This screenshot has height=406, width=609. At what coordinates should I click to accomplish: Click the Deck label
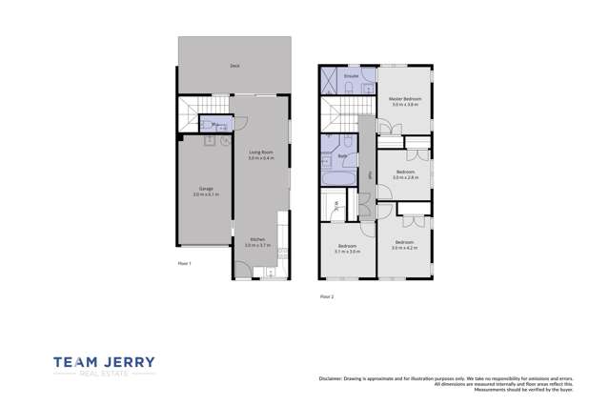coord(233,66)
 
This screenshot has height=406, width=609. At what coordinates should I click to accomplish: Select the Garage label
coord(205,188)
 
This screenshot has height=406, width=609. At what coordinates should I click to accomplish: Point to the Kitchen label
coord(257,239)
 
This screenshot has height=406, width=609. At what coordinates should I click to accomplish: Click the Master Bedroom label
coord(405,98)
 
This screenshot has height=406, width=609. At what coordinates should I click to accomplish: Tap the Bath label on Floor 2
coord(341,155)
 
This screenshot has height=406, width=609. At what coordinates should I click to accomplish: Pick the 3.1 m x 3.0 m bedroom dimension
coord(347,252)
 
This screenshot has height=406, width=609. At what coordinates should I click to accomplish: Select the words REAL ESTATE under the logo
coord(104,375)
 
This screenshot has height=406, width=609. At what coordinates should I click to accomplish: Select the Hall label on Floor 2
coord(369,174)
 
